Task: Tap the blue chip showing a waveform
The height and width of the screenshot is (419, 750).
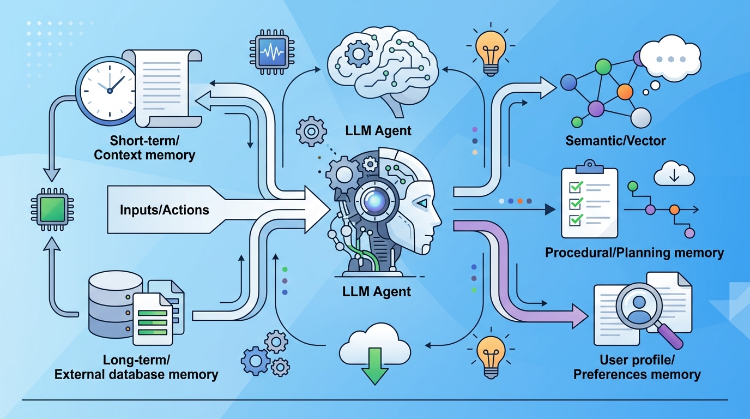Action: tap(272, 52)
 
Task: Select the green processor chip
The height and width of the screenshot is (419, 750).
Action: tap(52, 209)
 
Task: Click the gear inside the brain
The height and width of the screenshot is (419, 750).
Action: tap(358, 53)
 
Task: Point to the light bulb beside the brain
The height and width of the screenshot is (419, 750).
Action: tap(491, 50)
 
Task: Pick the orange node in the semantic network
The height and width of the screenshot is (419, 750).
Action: tap(625, 92)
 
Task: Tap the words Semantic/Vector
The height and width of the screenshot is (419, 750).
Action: tap(615, 141)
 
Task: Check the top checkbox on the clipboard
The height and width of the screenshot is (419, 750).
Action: tap(576, 187)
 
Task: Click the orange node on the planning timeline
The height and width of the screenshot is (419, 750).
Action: tap(674, 210)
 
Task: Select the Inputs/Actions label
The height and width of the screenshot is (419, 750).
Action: tap(165, 210)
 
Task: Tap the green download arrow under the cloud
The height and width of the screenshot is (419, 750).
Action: tap(375, 366)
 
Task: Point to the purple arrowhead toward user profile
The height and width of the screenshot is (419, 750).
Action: tap(580, 316)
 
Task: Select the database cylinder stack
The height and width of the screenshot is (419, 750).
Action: tap(116, 304)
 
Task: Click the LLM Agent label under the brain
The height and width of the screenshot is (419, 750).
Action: tap(378, 130)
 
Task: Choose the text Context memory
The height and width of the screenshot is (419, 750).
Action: tap(144, 155)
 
